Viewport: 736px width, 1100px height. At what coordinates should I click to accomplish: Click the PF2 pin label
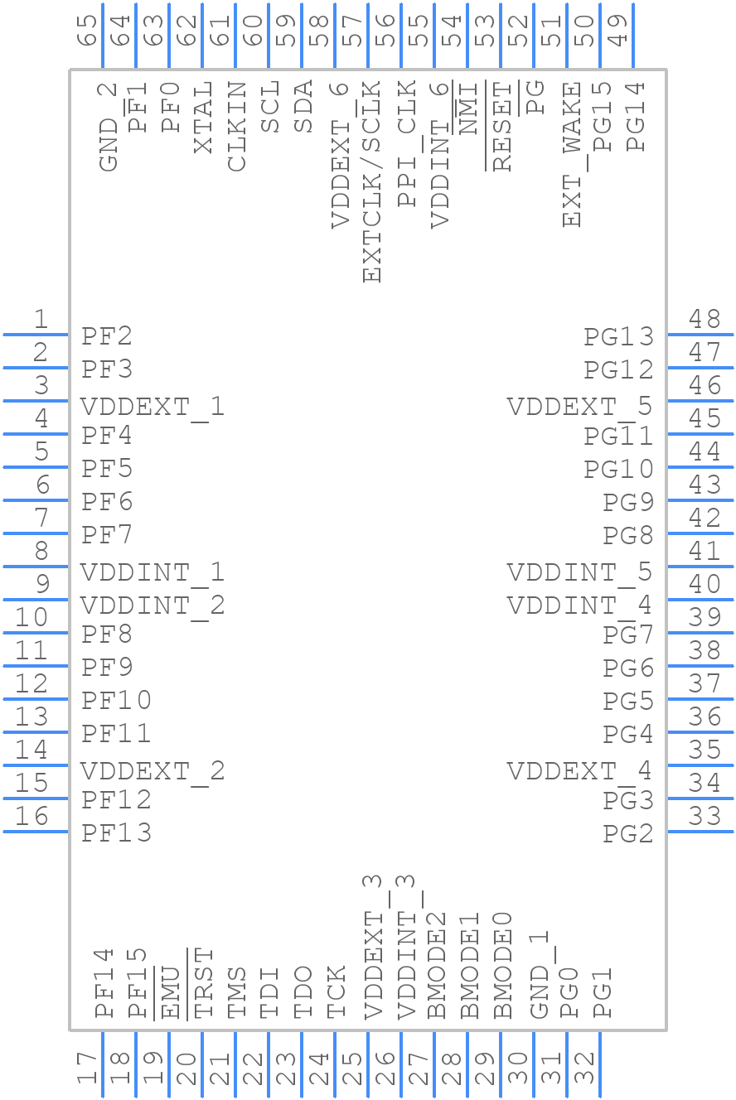pyautogui.click(x=107, y=336)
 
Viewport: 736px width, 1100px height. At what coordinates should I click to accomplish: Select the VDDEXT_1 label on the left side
pyautogui.click(x=153, y=407)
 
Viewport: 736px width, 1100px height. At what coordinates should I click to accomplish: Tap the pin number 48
pyautogui.click(x=705, y=319)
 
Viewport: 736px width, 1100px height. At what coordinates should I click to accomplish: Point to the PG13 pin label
pyautogui.click(x=618, y=336)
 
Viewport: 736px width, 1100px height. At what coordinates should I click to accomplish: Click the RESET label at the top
pyautogui.click(x=502, y=127)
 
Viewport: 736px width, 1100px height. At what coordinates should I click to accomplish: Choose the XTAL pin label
pyautogui.click(x=203, y=117)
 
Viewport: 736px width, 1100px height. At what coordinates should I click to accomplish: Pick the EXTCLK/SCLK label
pyautogui.click(x=370, y=181)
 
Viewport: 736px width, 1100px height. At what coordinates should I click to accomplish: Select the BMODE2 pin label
pyautogui.click(x=436, y=965)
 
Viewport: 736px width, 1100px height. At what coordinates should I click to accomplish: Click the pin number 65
pyautogui.click(x=86, y=31)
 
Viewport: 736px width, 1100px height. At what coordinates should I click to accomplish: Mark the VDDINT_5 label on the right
pyautogui.click(x=579, y=572)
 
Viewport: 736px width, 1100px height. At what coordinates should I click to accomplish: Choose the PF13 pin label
pyautogui.click(x=117, y=832)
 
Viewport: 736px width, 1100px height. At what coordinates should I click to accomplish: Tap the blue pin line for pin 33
pyautogui.click(x=700, y=832)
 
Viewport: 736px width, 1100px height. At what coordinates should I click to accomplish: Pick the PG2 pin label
pyautogui.click(x=628, y=833)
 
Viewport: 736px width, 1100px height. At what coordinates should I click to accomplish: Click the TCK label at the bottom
pyautogui.click(x=336, y=991)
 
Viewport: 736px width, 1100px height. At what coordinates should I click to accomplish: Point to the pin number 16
pyautogui.click(x=32, y=816)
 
